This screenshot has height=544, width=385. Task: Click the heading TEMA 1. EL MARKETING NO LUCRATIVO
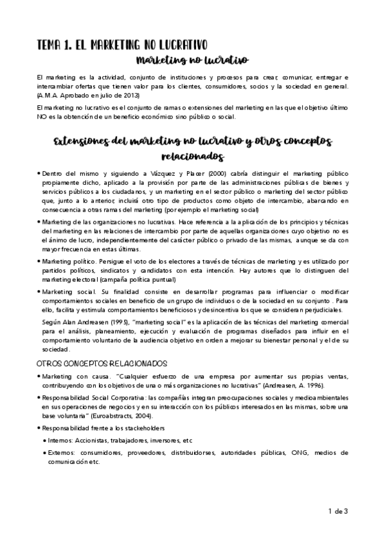click(x=121, y=45)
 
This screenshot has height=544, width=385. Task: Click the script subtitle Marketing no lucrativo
click(x=192, y=61)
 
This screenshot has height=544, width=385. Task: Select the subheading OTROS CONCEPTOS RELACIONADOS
click(x=102, y=363)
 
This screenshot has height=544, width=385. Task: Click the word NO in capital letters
click(x=43, y=117)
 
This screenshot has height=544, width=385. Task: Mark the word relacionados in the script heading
click(x=192, y=157)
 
